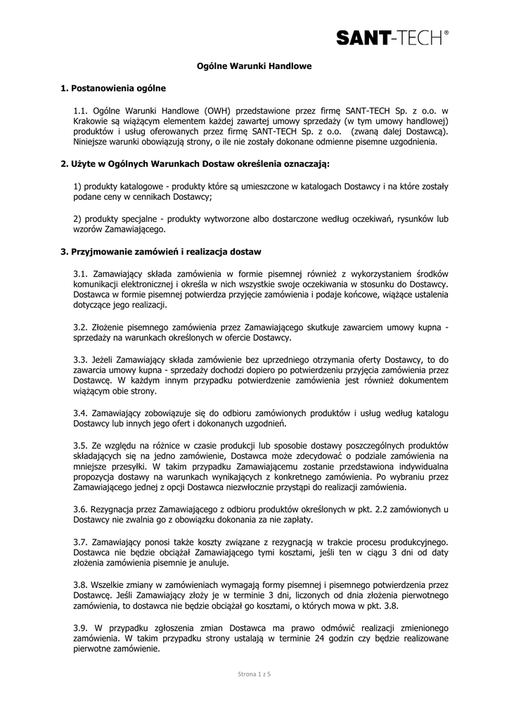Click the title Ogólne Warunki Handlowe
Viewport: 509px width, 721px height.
click(x=253, y=65)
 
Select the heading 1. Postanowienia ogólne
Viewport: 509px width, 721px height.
click(x=113, y=88)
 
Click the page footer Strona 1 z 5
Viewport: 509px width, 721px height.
click(x=254, y=675)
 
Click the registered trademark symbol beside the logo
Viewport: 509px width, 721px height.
click(x=446, y=30)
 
